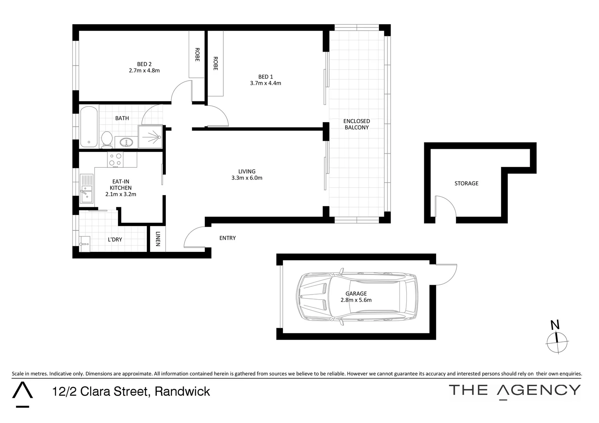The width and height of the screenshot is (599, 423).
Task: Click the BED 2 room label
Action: click(x=144, y=64)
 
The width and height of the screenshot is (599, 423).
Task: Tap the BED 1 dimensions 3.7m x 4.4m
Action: click(x=265, y=83)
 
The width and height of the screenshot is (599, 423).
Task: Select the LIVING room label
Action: click(x=247, y=171)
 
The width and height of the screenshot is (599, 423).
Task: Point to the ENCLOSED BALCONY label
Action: click(x=357, y=124)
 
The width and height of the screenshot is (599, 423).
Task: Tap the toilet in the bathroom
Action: click(x=107, y=139)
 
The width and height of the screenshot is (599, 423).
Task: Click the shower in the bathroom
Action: click(x=150, y=137)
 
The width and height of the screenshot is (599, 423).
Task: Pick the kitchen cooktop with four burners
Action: click(x=116, y=159)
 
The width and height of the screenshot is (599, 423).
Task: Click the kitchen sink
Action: click(x=86, y=189)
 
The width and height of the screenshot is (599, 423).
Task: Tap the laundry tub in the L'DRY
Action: click(x=85, y=244)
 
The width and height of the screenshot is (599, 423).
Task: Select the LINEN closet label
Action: click(x=158, y=239)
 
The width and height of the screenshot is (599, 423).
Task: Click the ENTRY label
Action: click(x=227, y=238)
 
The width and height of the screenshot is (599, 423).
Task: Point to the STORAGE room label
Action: click(x=466, y=183)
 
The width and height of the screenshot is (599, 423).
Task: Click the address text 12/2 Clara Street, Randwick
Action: click(x=131, y=391)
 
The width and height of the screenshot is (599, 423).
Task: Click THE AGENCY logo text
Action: click(x=514, y=390)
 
